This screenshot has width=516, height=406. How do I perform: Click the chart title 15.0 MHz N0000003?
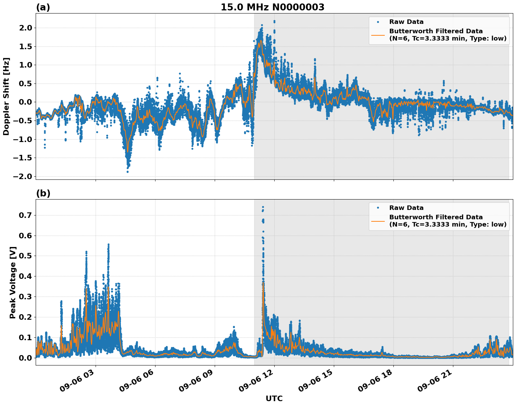[273, 7]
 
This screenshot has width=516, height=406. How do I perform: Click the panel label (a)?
[43, 7]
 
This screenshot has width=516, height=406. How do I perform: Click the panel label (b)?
[43, 193]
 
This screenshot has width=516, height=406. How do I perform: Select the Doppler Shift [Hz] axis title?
[6, 96]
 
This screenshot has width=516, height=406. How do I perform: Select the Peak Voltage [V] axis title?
[13, 282]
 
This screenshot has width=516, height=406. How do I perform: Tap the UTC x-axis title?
[274, 398]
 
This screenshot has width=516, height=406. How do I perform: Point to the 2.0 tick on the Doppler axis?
[25, 28]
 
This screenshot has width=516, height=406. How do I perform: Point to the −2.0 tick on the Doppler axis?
[23, 176]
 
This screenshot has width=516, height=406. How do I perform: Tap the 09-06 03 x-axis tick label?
[78, 383]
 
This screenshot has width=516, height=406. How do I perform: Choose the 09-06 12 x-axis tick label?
[256, 383]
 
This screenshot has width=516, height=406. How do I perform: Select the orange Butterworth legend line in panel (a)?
[378, 35]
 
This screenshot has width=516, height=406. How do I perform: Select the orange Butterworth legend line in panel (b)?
[378, 221]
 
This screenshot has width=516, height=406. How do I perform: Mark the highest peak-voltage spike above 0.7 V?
[263, 207]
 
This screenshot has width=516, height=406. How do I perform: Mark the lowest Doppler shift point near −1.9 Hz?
[127, 171]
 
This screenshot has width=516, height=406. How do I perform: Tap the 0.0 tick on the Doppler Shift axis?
[25, 102]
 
